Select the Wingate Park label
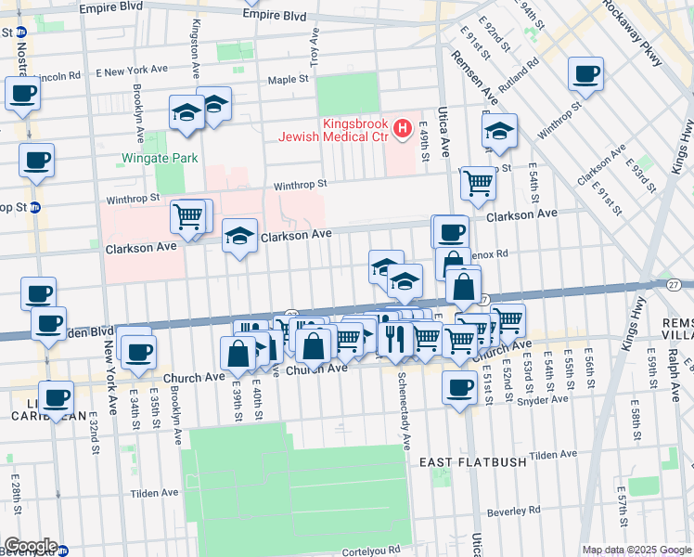[160, 158]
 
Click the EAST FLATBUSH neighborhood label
[473, 461]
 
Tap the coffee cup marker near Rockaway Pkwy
[585, 74]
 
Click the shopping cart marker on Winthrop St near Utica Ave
[478, 183]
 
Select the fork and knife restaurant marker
[395, 339]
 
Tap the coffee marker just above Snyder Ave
[459, 388]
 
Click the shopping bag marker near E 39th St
[238, 354]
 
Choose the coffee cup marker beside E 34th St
[139, 352]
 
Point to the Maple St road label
[288, 80]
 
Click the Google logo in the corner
[31, 546]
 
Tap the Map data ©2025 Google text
[636, 550]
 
